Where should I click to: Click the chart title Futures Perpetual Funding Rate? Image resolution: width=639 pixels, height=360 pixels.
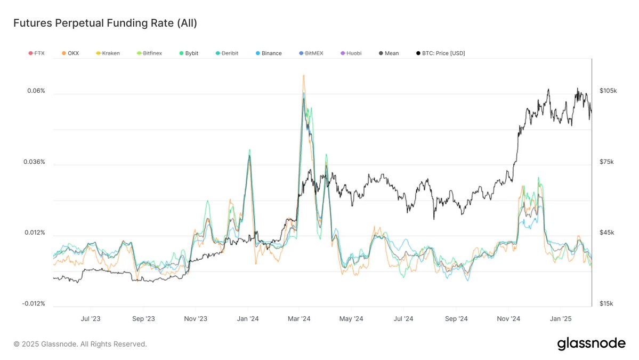[x=105, y=23]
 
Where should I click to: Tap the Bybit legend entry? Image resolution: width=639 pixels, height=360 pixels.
[x=189, y=53]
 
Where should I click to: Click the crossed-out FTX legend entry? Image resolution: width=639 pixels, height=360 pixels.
[x=36, y=53]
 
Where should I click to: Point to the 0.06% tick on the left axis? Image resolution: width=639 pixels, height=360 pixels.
[x=36, y=91]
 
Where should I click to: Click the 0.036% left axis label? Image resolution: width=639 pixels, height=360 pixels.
[x=35, y=162]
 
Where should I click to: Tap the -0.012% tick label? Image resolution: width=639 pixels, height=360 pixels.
[x=34, y=304]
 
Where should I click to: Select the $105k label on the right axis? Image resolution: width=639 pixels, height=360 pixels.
[x=608, y=91]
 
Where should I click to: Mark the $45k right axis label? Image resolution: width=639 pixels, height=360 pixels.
[x=607, y=233]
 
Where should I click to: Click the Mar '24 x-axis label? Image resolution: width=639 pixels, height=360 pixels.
[x=299, y=319]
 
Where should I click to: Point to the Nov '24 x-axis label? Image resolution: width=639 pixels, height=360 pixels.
[x=508, y=319]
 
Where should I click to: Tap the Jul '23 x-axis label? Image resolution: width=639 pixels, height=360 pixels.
[x=90, y=319]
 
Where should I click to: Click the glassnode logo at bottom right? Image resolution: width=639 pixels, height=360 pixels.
[x=591, y=344]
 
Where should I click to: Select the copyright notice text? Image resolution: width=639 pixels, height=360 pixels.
[x=80, y=344]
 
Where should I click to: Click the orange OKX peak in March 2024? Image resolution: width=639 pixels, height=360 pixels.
[x=303, y=76]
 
